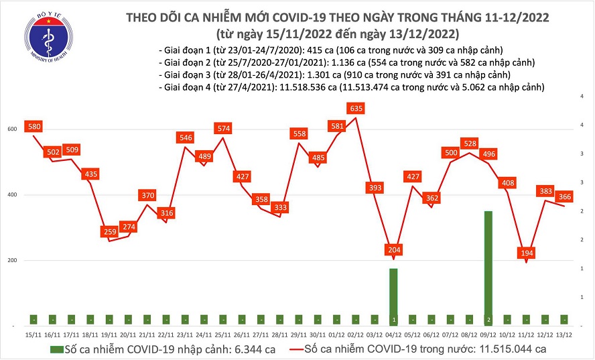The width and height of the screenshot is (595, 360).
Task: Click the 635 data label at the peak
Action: [x=356, y=107]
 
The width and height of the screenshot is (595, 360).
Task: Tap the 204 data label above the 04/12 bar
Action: [x=394, y=250]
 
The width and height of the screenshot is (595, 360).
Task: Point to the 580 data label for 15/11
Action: [x=33, y=126]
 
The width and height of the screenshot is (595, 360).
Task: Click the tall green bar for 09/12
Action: [x=489, y=268]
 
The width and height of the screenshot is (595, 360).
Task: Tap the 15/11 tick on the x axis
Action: [x=31, y=333]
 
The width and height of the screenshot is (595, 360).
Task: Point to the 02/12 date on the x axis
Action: [x=355, y=333]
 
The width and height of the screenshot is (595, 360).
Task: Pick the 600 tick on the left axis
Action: [x=13, y=129]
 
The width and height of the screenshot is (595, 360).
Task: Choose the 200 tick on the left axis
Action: [x=13, y=261]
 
